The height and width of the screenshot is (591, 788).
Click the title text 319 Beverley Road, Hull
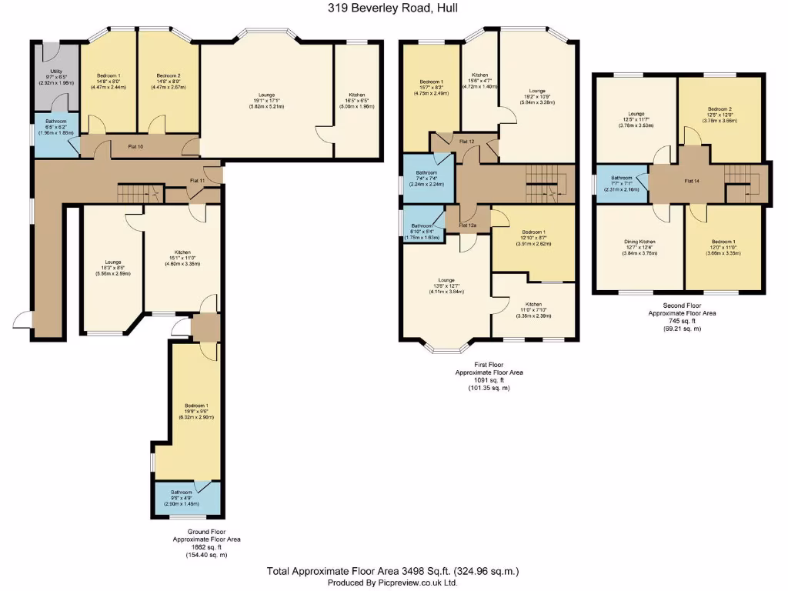(393, 8)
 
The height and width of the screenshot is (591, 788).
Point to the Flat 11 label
(198, 180)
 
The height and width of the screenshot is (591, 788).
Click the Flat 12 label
(466, 142)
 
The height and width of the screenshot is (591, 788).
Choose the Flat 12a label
(467, 225)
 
